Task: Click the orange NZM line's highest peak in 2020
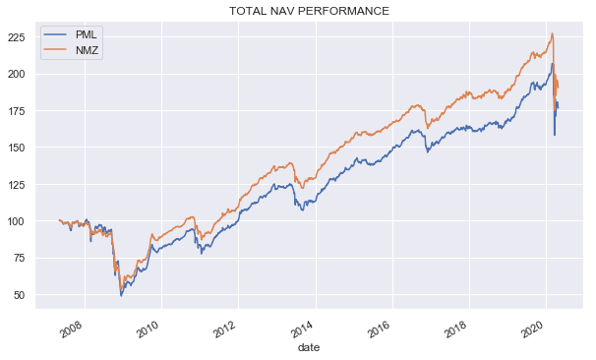pos(553,34)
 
